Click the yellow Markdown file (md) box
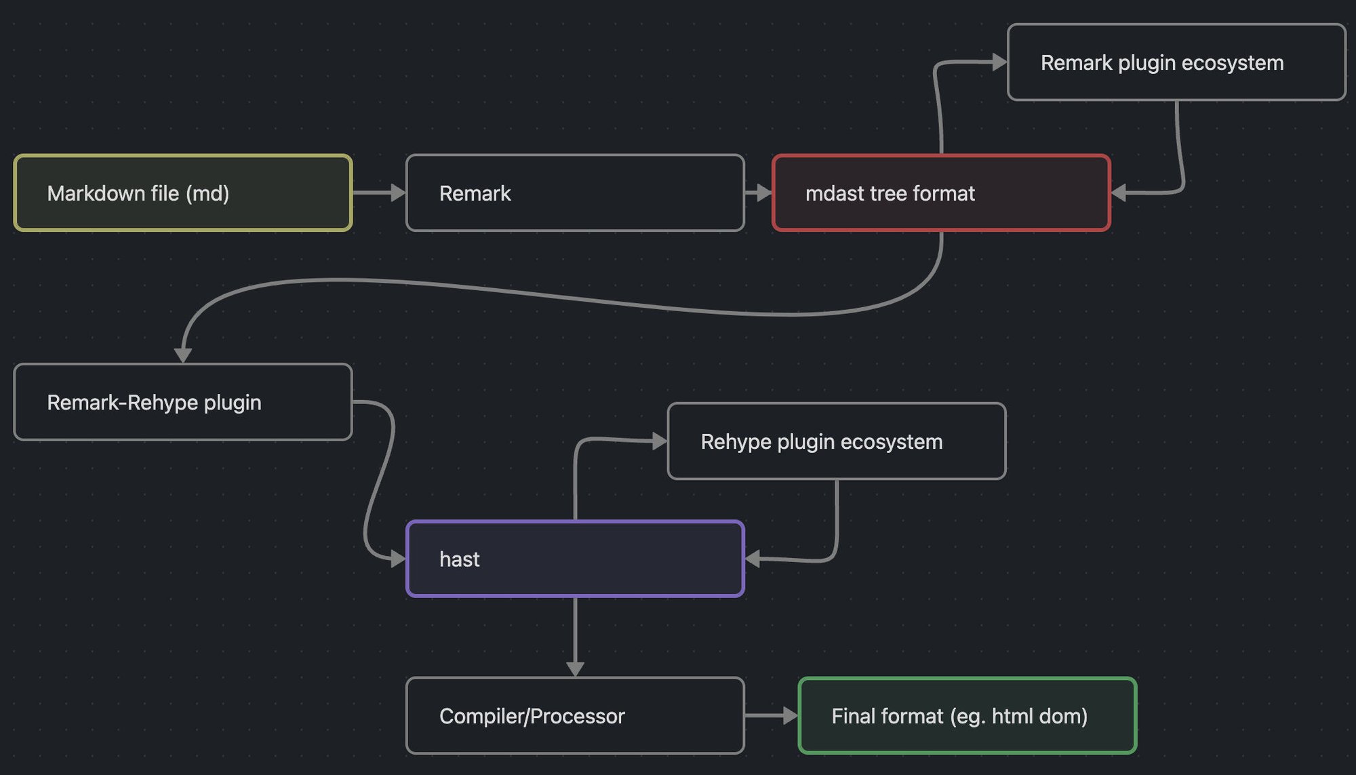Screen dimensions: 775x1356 [182, 193]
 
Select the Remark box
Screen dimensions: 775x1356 [575, 193]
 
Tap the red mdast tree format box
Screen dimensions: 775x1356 [941, 193]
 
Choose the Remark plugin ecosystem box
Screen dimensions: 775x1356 [1176, 62]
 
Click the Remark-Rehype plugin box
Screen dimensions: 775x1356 [182, 402]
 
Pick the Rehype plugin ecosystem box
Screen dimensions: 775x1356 [837, 441]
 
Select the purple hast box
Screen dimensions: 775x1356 [575, 559]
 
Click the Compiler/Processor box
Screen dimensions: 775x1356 [575, 715]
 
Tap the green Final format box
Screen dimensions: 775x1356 [968, 715]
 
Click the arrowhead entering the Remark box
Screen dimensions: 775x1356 [398, 193]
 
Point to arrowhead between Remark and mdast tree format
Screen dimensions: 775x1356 [764, 193]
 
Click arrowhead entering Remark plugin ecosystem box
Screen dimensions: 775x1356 [999, 62]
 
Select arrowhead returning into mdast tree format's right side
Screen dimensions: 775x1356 [1119, 193]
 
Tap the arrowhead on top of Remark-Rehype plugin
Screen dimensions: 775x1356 [183, 355]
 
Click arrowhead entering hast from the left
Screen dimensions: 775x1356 [398, 559]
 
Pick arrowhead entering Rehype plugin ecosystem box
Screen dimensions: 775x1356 [659, 441]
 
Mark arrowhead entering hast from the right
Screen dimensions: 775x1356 [753, 559]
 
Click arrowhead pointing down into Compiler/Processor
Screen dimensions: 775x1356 [575, 669]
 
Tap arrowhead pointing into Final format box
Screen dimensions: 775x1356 [790, 715]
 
